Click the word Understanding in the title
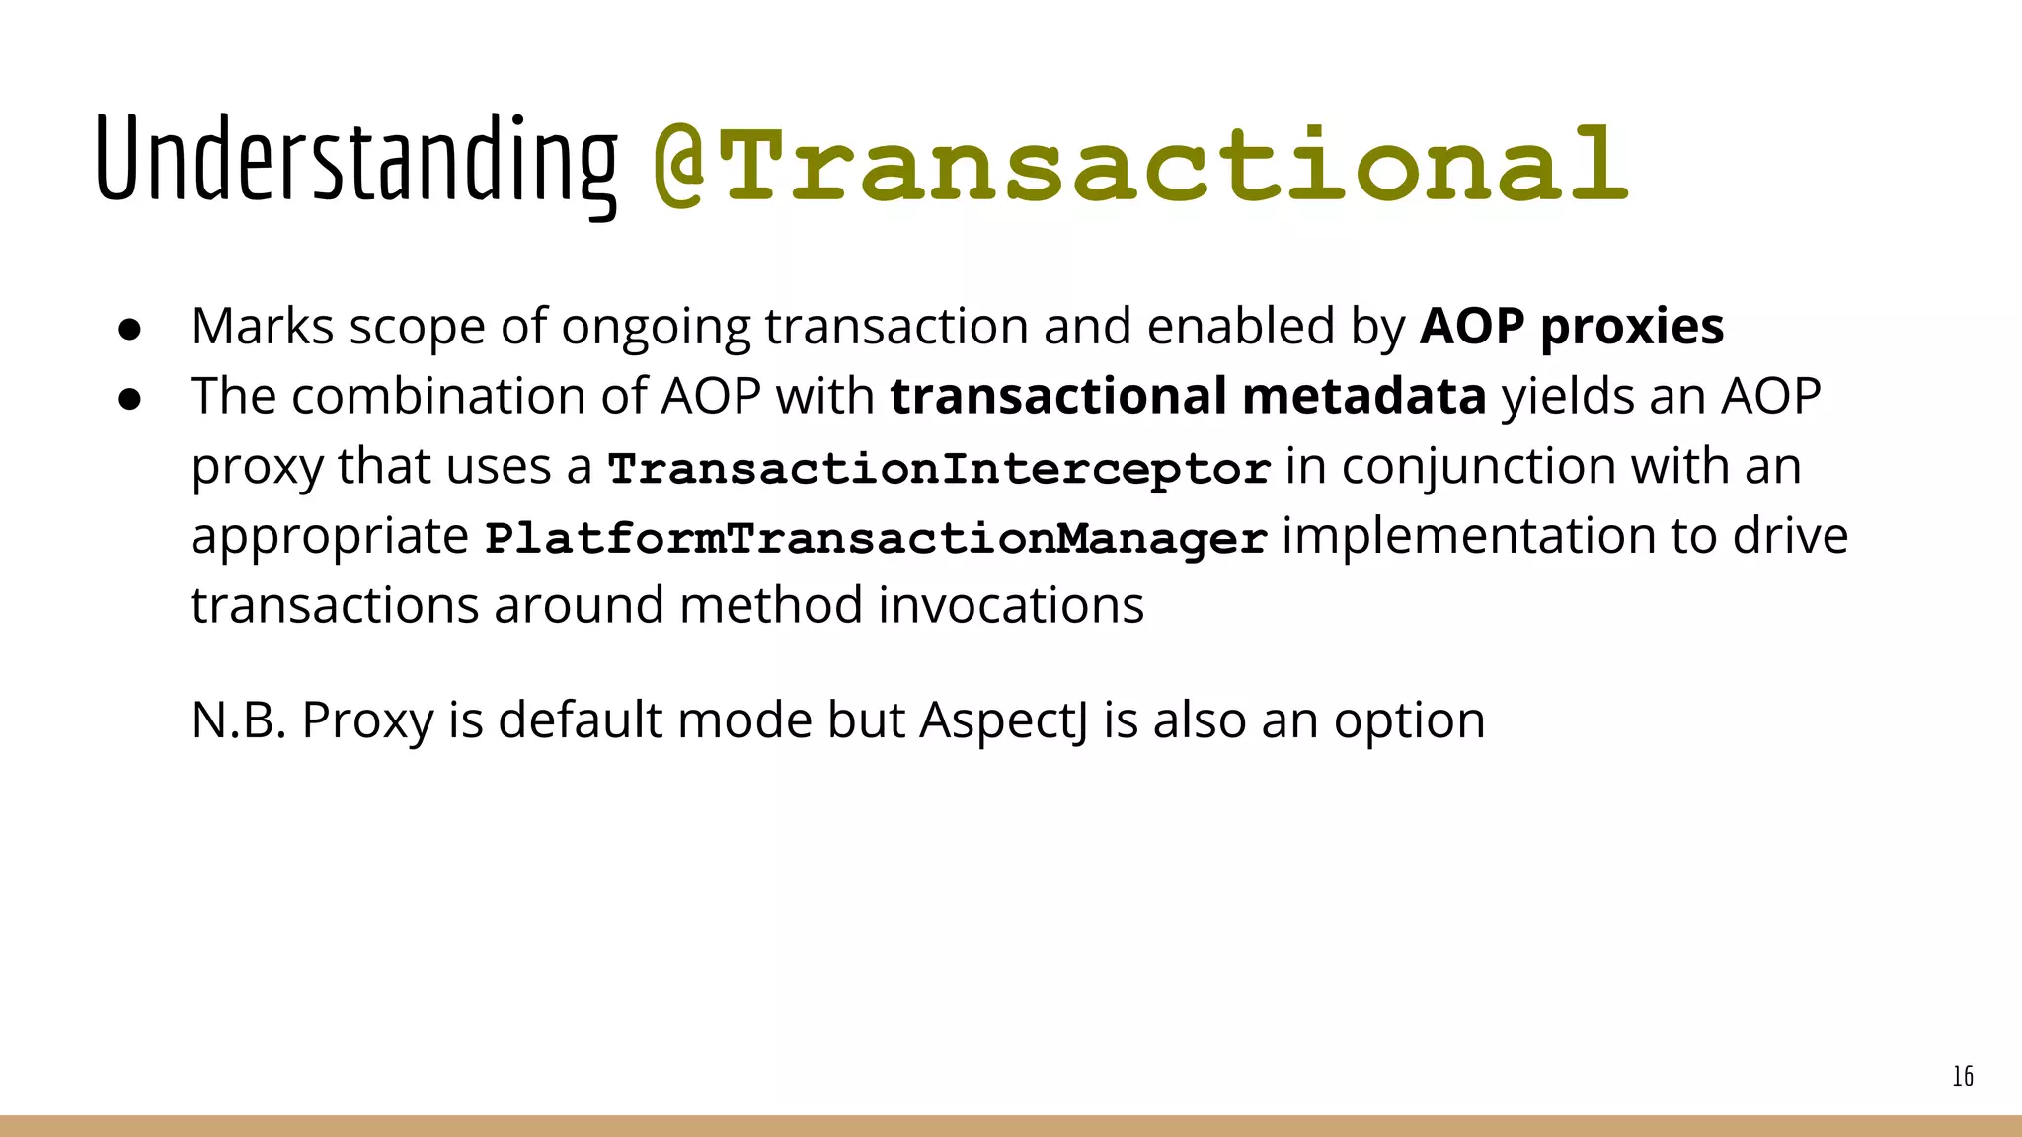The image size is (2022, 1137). pyautogui.click(x=355, y=160)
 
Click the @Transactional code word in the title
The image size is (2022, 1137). pyautogui.click(x=1140, y=164)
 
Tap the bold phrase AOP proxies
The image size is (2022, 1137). pyautogui.click(x=1572, y=326)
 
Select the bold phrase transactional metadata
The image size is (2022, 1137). pyautogui.click(x=1188, y=396)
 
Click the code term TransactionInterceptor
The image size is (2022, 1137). pyautogui.click(x=939, y=468)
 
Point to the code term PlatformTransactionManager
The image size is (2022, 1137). pyautogui.click(x=876, y=538)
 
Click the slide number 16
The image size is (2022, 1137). pyautogui.click(x=1963, y=1076)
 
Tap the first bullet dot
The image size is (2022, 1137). pyautogui.click(x=130, y=329)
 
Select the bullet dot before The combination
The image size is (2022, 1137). pyautogui.click(x=130, y=399)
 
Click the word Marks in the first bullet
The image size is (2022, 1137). pyautogui.click(x=263, y=326)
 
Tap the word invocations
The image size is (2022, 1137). pyautogui.click(x=1011, y=605)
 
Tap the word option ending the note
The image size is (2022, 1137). pyautogui.click(x=1409, y=720)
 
